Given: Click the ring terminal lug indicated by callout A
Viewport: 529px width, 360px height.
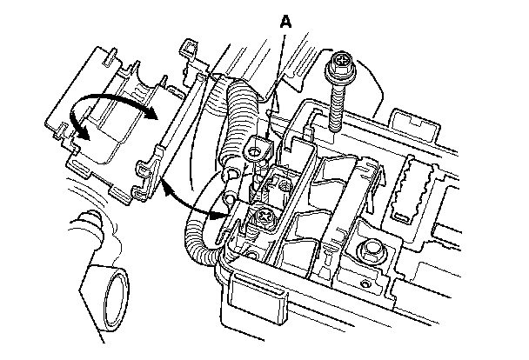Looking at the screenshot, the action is click(x=257, y=150).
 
